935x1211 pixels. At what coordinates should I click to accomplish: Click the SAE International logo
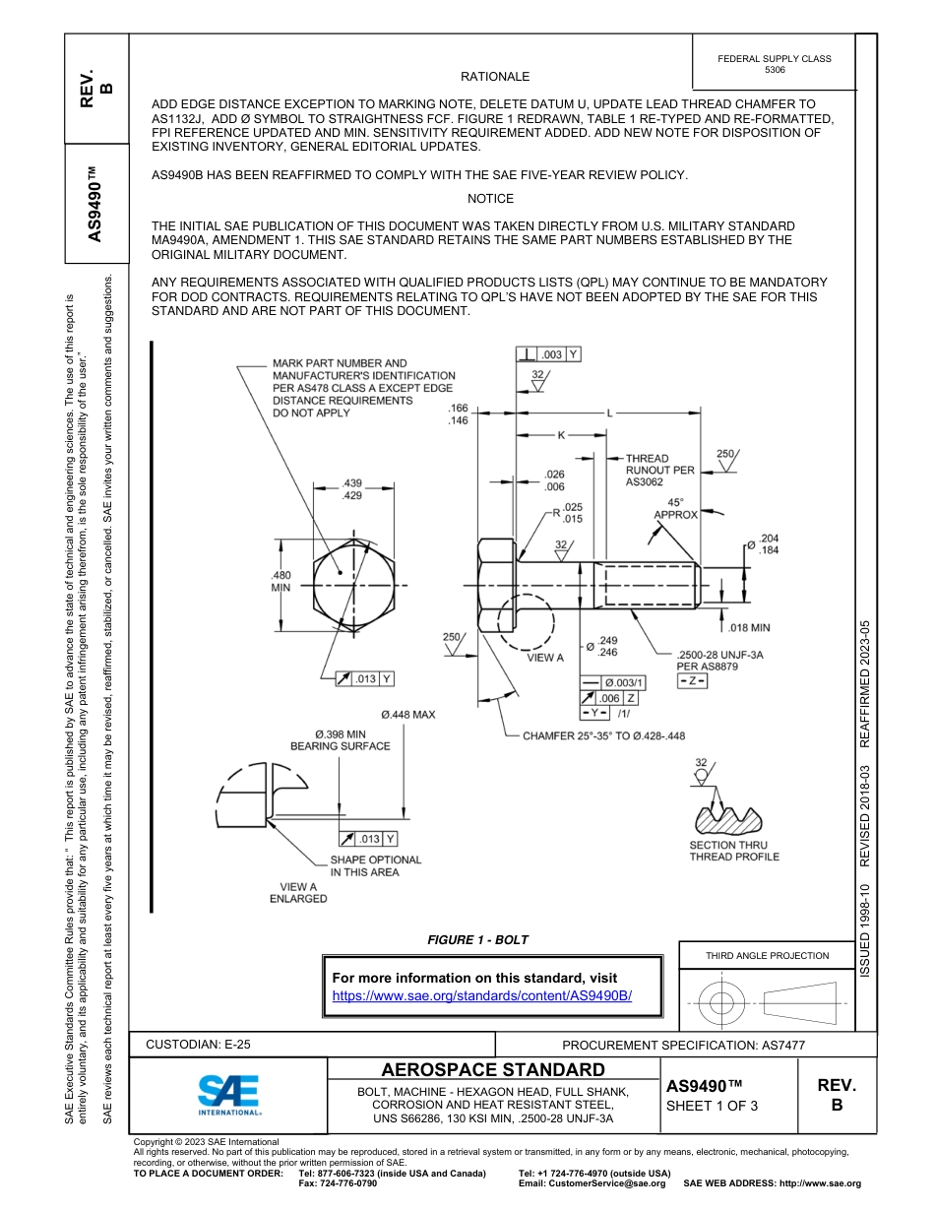[228, 1092]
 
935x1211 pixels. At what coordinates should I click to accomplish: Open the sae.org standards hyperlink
[481, 995]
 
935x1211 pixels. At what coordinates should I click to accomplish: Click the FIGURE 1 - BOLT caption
[477, 940]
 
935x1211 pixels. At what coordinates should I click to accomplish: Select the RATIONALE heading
[495, 77]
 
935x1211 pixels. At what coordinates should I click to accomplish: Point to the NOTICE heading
[490, 199]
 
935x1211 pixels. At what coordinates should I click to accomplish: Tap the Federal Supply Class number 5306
[775, 70]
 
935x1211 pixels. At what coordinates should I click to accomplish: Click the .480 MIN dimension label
[280, 581]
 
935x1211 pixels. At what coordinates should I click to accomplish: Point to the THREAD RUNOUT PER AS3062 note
[659, 471]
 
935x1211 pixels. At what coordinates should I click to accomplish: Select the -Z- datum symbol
[692, 681]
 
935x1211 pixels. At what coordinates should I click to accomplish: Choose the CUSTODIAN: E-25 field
[198, 1045]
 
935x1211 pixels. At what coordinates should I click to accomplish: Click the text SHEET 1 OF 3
[712, 1106]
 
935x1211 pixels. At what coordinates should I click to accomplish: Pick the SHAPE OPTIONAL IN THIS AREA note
[375, 865]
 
